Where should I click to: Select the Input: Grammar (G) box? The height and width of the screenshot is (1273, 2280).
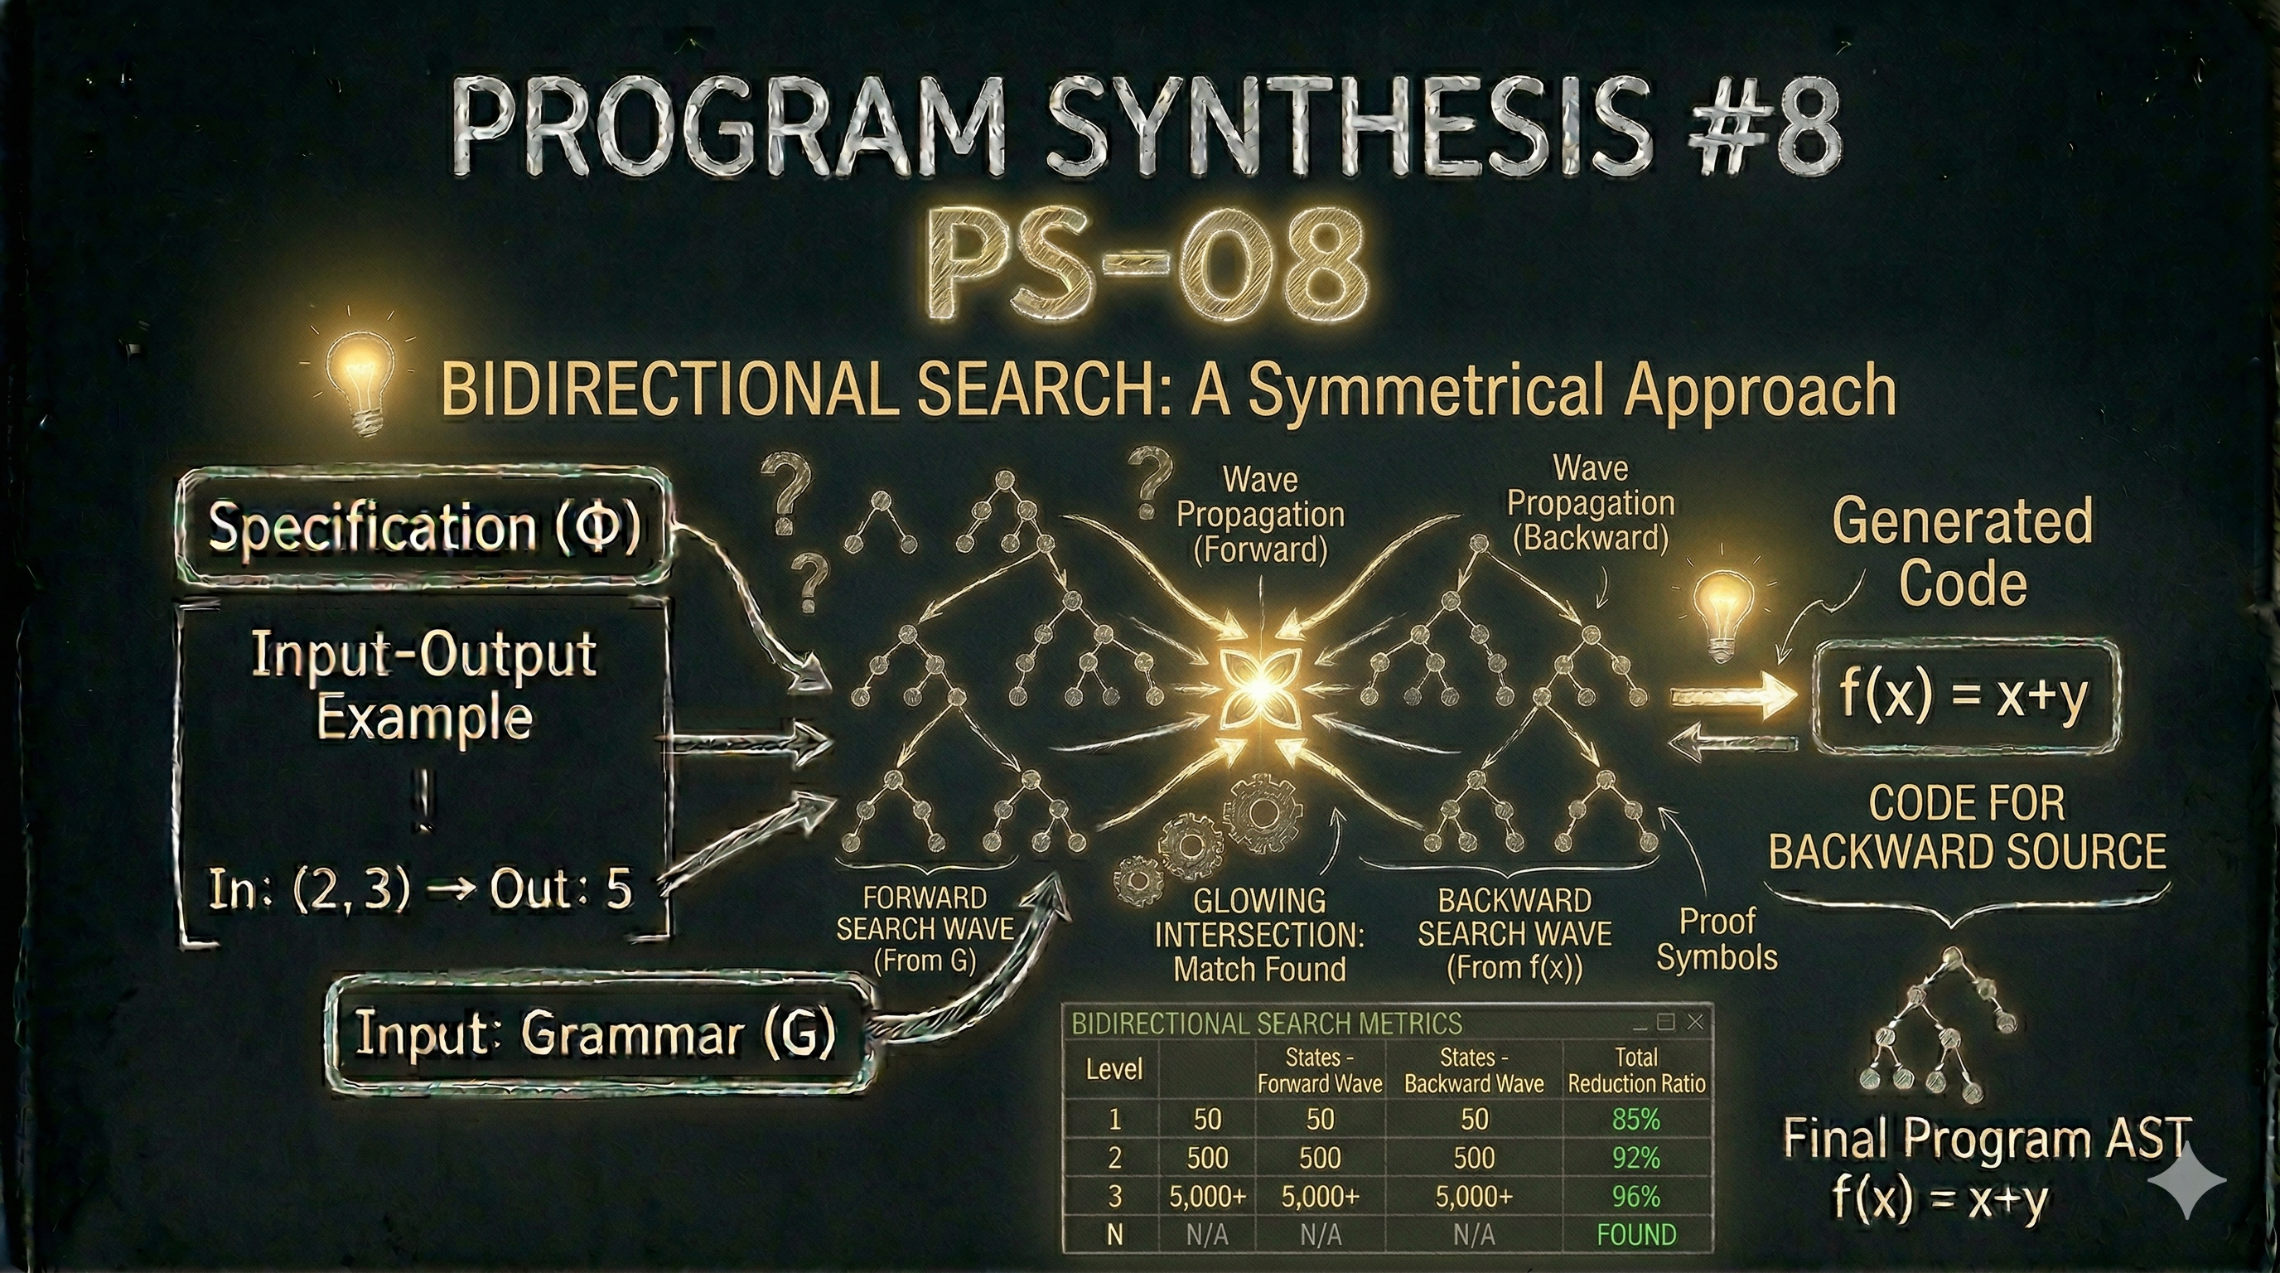click(595, 1033)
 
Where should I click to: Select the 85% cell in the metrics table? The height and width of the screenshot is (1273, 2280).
click(1635, 1120)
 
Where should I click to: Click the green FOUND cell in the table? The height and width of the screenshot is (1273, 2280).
click(1635, 1234)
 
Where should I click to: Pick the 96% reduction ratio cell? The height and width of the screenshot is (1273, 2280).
click(1635, 1196)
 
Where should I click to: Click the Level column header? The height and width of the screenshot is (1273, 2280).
click(1113, 1069)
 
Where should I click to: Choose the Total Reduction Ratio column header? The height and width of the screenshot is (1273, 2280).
click(1635, 1069)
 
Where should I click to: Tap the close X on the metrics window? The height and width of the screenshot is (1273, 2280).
click(1695, 1023)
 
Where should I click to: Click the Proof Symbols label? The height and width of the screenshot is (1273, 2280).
click(1717, 940)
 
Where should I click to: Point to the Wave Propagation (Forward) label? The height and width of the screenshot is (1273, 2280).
click(1260, 515)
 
